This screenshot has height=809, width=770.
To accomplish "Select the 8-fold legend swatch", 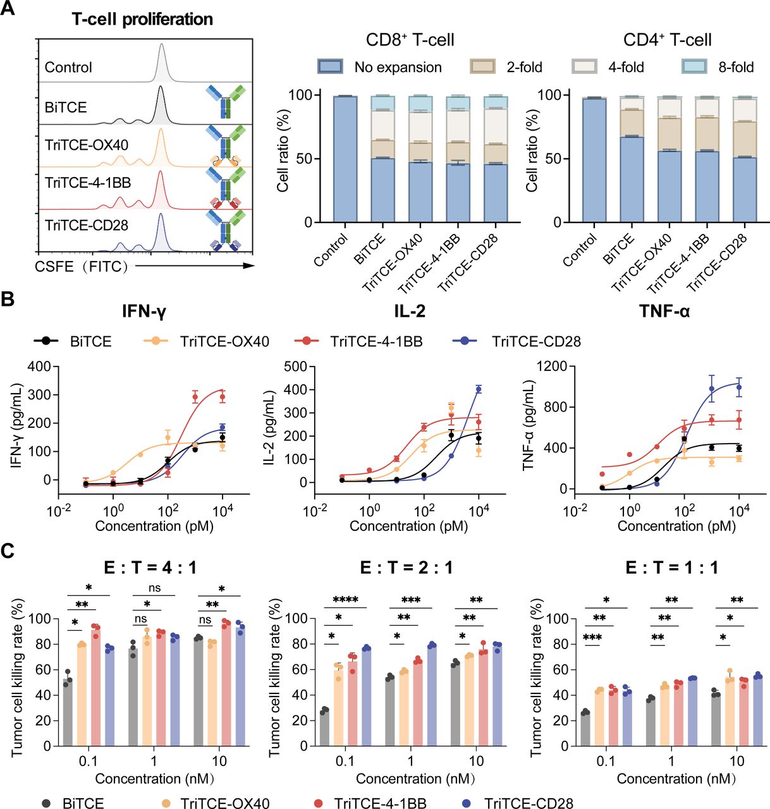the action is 694,67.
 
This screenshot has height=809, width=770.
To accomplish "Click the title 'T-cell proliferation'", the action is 142,19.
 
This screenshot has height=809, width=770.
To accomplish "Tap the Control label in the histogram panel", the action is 68,67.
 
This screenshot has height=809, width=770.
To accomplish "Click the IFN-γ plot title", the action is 144,311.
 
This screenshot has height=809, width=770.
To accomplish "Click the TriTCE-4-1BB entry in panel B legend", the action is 376,341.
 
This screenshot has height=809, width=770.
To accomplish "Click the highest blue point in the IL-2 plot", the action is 479,389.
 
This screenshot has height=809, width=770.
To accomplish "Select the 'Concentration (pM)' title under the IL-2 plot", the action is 408,526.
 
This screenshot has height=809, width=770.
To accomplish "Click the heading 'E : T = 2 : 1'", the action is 406,568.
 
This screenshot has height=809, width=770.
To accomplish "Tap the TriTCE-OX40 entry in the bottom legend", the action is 224,803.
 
